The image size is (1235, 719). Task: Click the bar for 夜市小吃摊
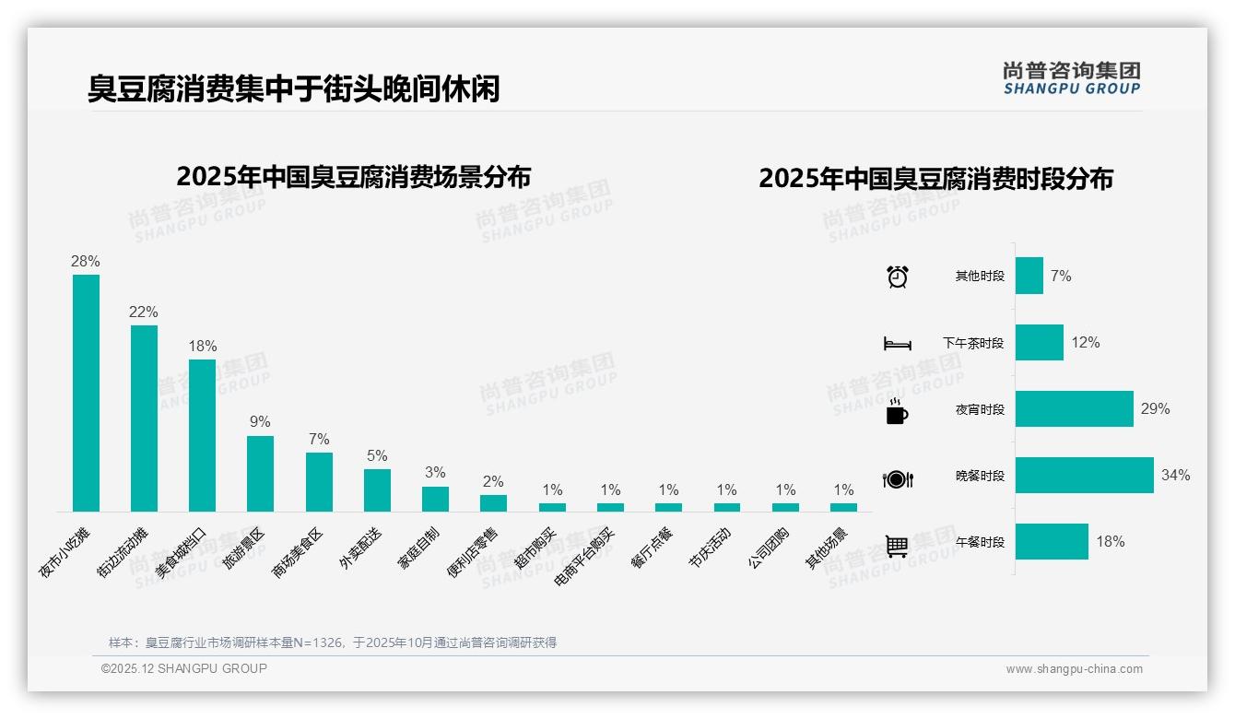tap(86, 393)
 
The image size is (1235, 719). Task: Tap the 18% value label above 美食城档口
tap(203, 347)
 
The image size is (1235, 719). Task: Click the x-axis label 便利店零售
tap(471, 552)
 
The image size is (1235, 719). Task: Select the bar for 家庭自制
tap(435, 499)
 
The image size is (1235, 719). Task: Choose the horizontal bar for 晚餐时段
tap(1084, 476)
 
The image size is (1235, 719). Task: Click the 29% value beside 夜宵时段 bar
tap(1155, 409)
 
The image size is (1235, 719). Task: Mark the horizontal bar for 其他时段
tap(1029, 276)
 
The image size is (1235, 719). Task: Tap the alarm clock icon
tap(897, 277)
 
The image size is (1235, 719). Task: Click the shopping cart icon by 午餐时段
tap(897, 546)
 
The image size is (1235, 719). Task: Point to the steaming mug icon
tap(897, 411)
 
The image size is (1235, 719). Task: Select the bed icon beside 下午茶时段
tap(897, 344)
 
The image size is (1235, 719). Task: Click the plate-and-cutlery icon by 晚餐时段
tap(897, 478)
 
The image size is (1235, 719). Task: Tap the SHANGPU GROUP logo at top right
tap(1071, 78)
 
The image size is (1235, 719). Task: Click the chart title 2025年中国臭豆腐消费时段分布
tap(935, 179)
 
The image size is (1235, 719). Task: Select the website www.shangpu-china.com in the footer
tap(1074, 669)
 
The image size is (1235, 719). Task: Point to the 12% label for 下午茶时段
tap(1086, 343)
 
